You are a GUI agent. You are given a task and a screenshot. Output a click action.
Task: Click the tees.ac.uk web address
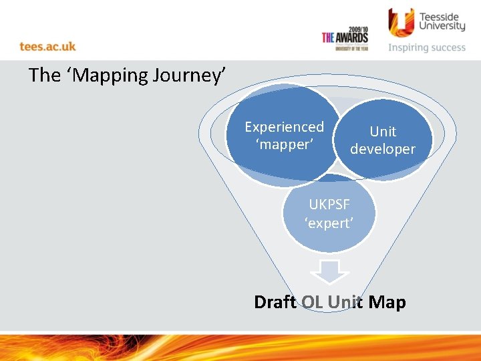[x=47, y=46]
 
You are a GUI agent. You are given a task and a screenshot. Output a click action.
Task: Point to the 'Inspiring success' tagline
[x=427, y=47]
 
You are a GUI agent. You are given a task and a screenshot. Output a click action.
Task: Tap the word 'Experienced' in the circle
[x=284, y=127]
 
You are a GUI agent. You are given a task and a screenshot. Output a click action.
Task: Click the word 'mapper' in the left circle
[x=284, y=144]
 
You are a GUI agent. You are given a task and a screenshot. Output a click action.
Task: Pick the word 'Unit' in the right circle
[x=383, y=132]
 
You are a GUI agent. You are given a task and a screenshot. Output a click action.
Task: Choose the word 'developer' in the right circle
[x=383, y=149]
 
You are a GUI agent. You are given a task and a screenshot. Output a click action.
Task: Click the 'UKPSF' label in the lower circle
[x=329, y=205]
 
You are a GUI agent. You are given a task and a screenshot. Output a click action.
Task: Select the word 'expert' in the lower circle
[x=329, y=223]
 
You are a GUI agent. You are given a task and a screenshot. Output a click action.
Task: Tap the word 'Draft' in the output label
[x=275, y=302]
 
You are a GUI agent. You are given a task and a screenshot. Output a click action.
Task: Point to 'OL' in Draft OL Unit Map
[x=312, y=302]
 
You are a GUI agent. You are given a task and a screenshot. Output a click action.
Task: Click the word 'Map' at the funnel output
[x=387, y=302]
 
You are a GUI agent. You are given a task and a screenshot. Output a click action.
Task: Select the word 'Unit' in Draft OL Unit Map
[x=345, y=302]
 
